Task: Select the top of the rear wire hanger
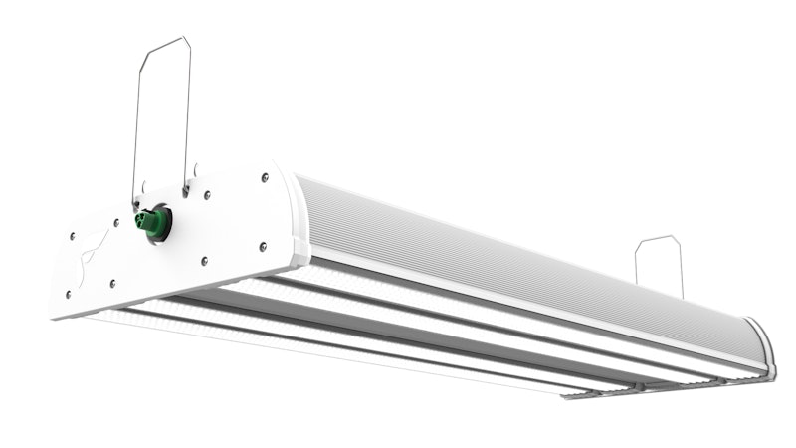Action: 658,239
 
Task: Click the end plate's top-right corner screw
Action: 265,178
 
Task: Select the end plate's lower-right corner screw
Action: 263,246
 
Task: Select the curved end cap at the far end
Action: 761,343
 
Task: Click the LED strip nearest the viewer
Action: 298,343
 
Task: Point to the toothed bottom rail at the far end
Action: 647,387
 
